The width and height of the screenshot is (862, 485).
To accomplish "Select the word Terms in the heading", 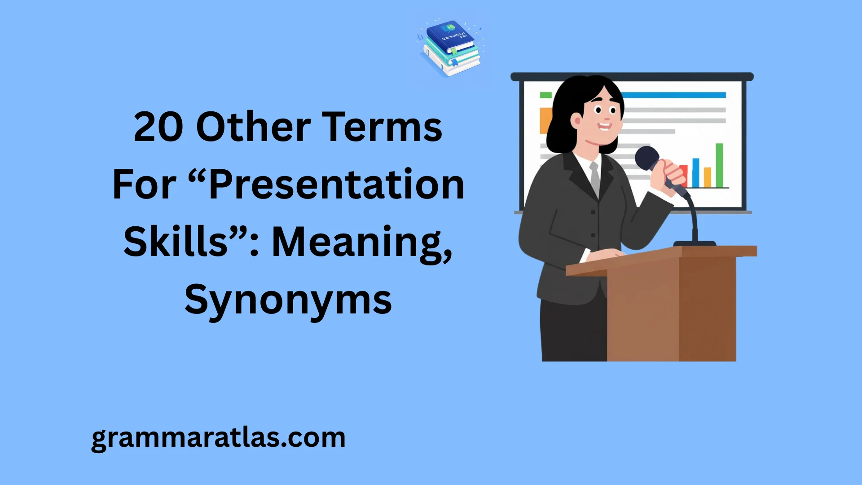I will (x=382, y=128).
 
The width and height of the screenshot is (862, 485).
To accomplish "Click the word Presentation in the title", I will (x=337, y=185).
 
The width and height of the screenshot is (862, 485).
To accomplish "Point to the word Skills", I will (x=176, y=242).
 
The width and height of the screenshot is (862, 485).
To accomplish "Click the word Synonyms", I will (x=288, y=300).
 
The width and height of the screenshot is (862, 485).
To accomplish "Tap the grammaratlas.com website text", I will (x=218, y=437).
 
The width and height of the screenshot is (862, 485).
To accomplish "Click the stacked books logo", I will (x=451, y=48).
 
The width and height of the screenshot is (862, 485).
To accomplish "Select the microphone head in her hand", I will (x=646, y=158).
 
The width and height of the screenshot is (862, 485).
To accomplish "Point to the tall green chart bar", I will (x=719, y=165).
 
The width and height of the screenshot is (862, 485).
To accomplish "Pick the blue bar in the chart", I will (x=695, y=172).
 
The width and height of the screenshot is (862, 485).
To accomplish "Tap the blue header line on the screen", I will (x=673, y=95).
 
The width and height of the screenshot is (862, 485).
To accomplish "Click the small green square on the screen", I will (x=545, y=95).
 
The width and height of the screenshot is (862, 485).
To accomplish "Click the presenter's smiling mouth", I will (x=604, y=126).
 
